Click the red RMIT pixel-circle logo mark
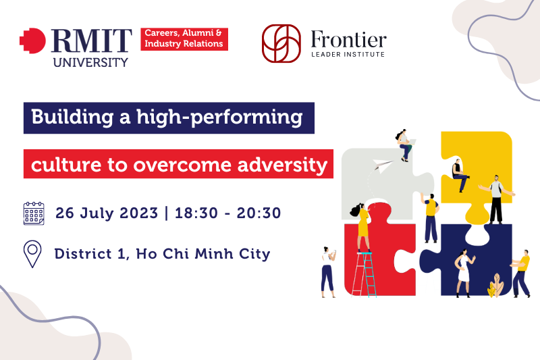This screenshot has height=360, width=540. [x=32, y=41]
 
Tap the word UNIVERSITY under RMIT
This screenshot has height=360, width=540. [x=90, y=62]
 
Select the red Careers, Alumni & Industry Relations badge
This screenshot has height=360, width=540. [x=184, y=39]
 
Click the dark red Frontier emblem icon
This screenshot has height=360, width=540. [x=281, y=43]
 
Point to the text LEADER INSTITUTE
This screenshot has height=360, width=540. [x=348, y=55]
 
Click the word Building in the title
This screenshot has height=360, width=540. [x=72, y=118]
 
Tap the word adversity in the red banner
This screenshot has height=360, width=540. [x=282, y=165]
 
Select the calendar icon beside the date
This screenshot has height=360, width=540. [x=34, y=213]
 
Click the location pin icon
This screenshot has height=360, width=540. [x=32, y=254]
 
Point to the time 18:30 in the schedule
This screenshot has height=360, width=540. [x=196, y=213]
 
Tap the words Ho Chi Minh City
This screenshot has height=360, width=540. [x=203, y=254]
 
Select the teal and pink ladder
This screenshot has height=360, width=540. [x=364, y=274]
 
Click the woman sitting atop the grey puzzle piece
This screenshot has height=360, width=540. [x=404, y=145]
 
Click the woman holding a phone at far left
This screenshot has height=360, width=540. [x=328, y=272]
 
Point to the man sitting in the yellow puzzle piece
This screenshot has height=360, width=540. [x=460, y=176]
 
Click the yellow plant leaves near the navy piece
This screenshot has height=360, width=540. [x=495, y=285]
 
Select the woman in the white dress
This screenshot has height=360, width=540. [x=464, y=273]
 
